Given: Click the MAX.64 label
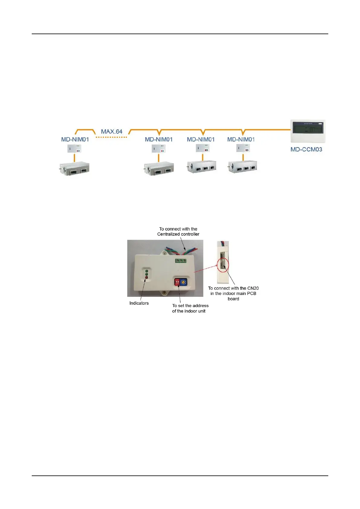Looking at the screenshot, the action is pyautogui.click(x=112, y=132).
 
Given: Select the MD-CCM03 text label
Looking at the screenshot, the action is pyautogui.click(x=306, y=149).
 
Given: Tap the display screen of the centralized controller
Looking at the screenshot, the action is pyautogui.click(x=308, y=130).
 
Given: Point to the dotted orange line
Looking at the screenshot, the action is pyautogui.click(x=111, y=138).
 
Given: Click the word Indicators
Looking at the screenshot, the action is pyautogui.click(x=139, y=303).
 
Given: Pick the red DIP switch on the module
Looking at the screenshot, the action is pyautogui.click(x=177, y=282).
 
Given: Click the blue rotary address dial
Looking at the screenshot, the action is pyautogui.click(x=183, y=282).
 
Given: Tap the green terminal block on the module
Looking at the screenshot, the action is pyautogui.click(x=180, y=260).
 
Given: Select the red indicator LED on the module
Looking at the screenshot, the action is pyautogui.click(x=147, y=277).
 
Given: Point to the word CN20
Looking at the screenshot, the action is pyautogui.click(x=253, y=288).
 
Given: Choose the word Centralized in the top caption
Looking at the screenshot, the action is pyautogui.click(x=168, y=234).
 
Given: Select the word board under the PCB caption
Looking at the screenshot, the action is pyautogui.click(x=233, y=299).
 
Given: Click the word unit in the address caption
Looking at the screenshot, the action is pyautogui.click(x=202, y=311).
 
